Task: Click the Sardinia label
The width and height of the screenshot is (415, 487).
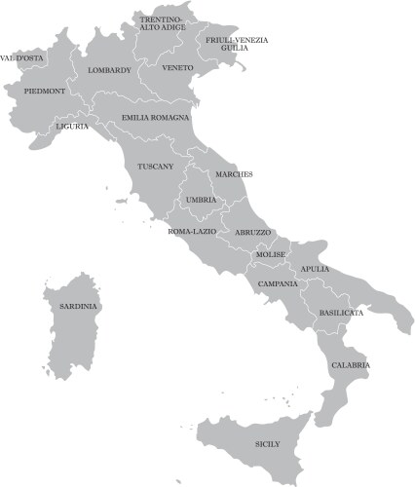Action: pos(79,306)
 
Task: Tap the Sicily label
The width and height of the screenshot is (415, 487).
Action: pos(267,444)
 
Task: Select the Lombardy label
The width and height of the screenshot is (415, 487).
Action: pos(108,70)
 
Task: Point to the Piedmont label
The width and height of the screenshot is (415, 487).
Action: pos(45,91)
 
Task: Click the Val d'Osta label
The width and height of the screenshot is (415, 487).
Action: pos(21,57)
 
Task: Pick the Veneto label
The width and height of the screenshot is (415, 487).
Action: pos(178,68)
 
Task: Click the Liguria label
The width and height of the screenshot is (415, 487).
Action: pos(72,126)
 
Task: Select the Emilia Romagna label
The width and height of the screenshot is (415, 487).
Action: pos(156,117)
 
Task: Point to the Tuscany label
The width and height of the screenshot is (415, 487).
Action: pos(156,167)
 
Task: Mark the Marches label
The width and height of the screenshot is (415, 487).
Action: pos(234,174)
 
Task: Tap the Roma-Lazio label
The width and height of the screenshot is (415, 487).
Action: pos(192,232)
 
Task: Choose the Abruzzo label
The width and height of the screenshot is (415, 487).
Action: pos(253,233)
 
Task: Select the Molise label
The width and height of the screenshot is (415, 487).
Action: pos(270,254)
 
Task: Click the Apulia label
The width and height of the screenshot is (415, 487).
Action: pos(315,269)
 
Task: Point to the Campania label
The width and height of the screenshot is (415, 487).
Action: pos(279,283)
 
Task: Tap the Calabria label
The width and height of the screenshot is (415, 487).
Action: pos(350,364)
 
